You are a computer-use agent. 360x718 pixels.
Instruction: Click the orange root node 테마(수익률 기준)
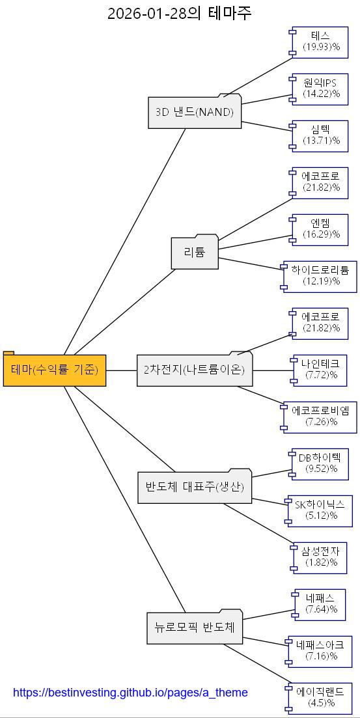[55, 370]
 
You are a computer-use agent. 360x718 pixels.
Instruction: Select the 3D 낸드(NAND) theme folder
[194, 112]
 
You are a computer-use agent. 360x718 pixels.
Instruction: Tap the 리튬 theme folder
[195, 253]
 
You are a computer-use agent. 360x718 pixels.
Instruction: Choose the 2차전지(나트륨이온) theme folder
[194, 370]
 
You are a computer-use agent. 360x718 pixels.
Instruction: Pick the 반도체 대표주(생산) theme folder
[194, 487]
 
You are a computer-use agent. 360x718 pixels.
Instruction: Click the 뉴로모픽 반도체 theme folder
[194, 628]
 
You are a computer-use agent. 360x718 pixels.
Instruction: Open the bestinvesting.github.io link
[130, 693]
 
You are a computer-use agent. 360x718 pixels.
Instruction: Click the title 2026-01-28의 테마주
[180, 13]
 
